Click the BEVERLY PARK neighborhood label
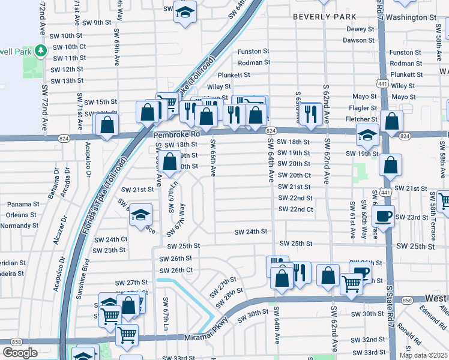tap(325, 17)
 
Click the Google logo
tap(20, 353)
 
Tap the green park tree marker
tap(41, 51)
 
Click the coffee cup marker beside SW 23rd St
tap(384, 217)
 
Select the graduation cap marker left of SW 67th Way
tap(140, 215)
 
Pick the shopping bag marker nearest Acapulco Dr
tap(107, 125)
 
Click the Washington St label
tap(411, 17)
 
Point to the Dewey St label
tap(360, 29)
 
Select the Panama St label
tap(23, 204)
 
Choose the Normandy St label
tap(19, 226)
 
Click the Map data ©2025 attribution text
tap(423, 355)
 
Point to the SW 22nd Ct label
tap(295, 209)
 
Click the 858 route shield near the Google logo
tap(16, 341)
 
